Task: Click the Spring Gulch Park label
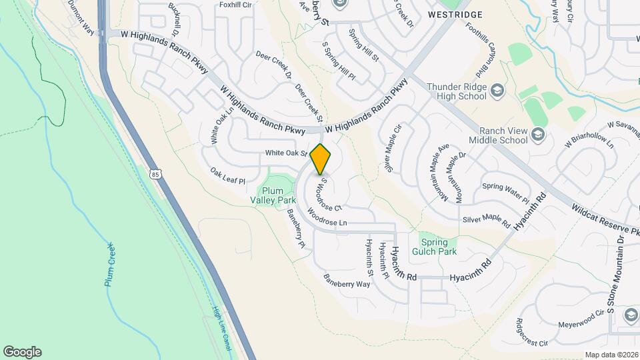click(437, 247)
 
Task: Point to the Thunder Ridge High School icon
click(497, 90)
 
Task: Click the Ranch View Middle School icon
click(538, 136)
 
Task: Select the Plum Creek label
click(111, 265)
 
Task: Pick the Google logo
click(22, 352)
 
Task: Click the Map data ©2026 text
click(611, 355)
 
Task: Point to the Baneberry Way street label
click(347, 280)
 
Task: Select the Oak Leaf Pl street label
click(228, 176)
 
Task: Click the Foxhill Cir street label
click(235, 5)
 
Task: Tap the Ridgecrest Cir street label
click(531, 333)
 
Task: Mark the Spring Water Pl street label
click(505, 193)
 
